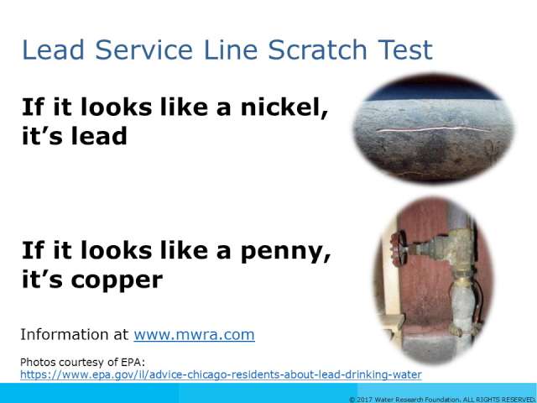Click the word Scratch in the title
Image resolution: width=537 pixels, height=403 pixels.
pyautogui.click(x=317, y=50)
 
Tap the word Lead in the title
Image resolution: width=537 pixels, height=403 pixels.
pyautogui.click(x=53, y=50)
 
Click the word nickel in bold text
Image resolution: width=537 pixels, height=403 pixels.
pyautogui.click(x=284, y=107)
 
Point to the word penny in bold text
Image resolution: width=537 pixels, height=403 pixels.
pyautogui.click(x=285, y=252)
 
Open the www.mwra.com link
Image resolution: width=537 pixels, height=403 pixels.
pyautogui.click(x=194, y=334)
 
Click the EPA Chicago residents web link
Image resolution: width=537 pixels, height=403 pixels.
pyautogui.click(x=221, y=374)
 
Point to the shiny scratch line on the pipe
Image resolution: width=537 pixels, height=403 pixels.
pyautogui.click(x=433, y=129)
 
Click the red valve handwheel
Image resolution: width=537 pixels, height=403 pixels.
pyautogui.click(x=399, y=247)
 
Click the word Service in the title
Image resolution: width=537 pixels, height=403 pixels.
pyautogui.click(x=143, y=50)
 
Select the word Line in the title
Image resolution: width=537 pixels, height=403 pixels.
pyautogui.click(x=230, y=50)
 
